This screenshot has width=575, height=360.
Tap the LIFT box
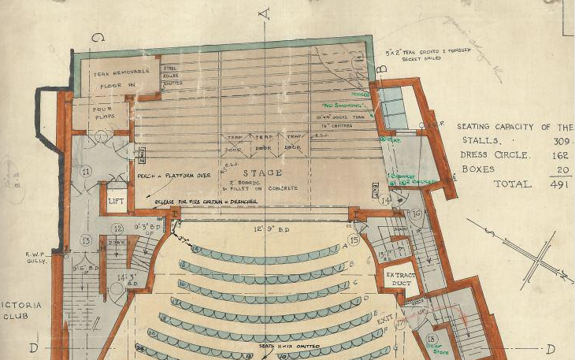[117, 201]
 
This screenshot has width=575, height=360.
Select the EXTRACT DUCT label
[402, 280]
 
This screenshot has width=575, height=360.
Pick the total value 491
[550, 183]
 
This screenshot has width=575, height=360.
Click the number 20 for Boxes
[554, 169]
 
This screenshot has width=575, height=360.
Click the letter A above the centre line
[266, 12]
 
